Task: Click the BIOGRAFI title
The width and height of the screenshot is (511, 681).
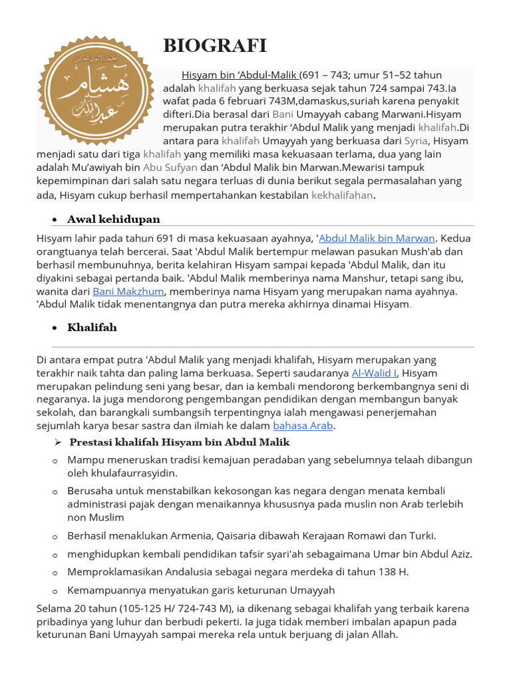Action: (x=215, y=46)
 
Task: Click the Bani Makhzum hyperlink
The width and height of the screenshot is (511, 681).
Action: (x=129, y=291)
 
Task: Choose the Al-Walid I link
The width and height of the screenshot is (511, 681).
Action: (x=374, y=373)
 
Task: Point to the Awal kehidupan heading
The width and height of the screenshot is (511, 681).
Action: (x=114, y=219)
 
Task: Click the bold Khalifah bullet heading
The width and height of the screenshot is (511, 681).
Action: (x=92, y=327)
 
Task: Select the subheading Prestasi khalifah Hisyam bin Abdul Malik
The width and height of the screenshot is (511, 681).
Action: (x=180, y=442)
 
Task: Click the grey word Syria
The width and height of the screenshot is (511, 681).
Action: (x=416, y=141)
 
